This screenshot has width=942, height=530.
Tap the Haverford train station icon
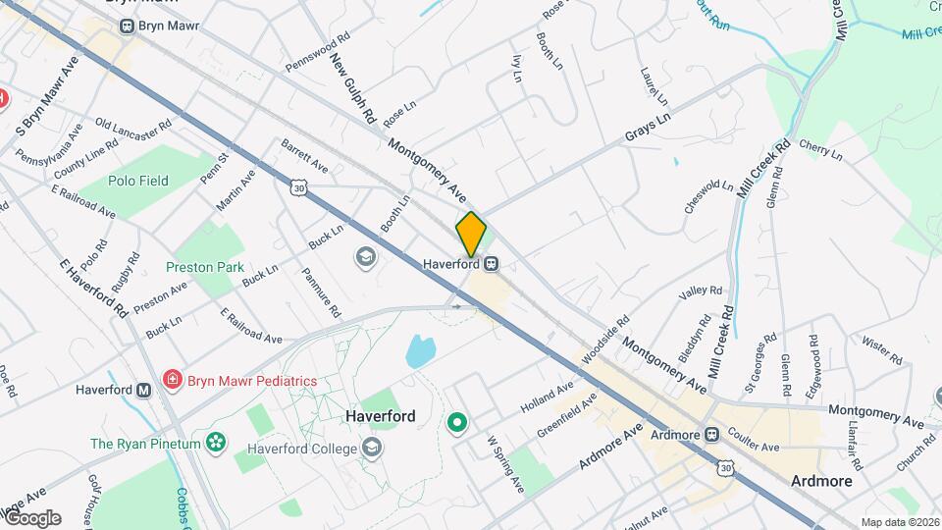point(492,264)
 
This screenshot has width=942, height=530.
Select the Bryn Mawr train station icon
point(127,26)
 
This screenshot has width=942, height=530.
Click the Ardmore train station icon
point(713,435)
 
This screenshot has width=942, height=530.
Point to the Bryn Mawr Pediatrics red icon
point(174,380)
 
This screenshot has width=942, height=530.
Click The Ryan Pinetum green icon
point(215,444)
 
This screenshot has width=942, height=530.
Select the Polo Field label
point(139,181)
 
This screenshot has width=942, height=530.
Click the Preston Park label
point(204,267)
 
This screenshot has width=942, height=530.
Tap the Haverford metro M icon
point(144,390)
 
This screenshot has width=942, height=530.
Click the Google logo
point(31,518)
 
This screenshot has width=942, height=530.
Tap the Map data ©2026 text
point(899,522)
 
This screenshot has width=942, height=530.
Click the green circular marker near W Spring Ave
point(456,423)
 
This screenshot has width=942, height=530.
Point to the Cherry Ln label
point(821,150)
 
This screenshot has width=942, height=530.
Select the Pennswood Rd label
point(318,53)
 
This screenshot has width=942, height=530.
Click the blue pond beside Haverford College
point(420,350)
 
